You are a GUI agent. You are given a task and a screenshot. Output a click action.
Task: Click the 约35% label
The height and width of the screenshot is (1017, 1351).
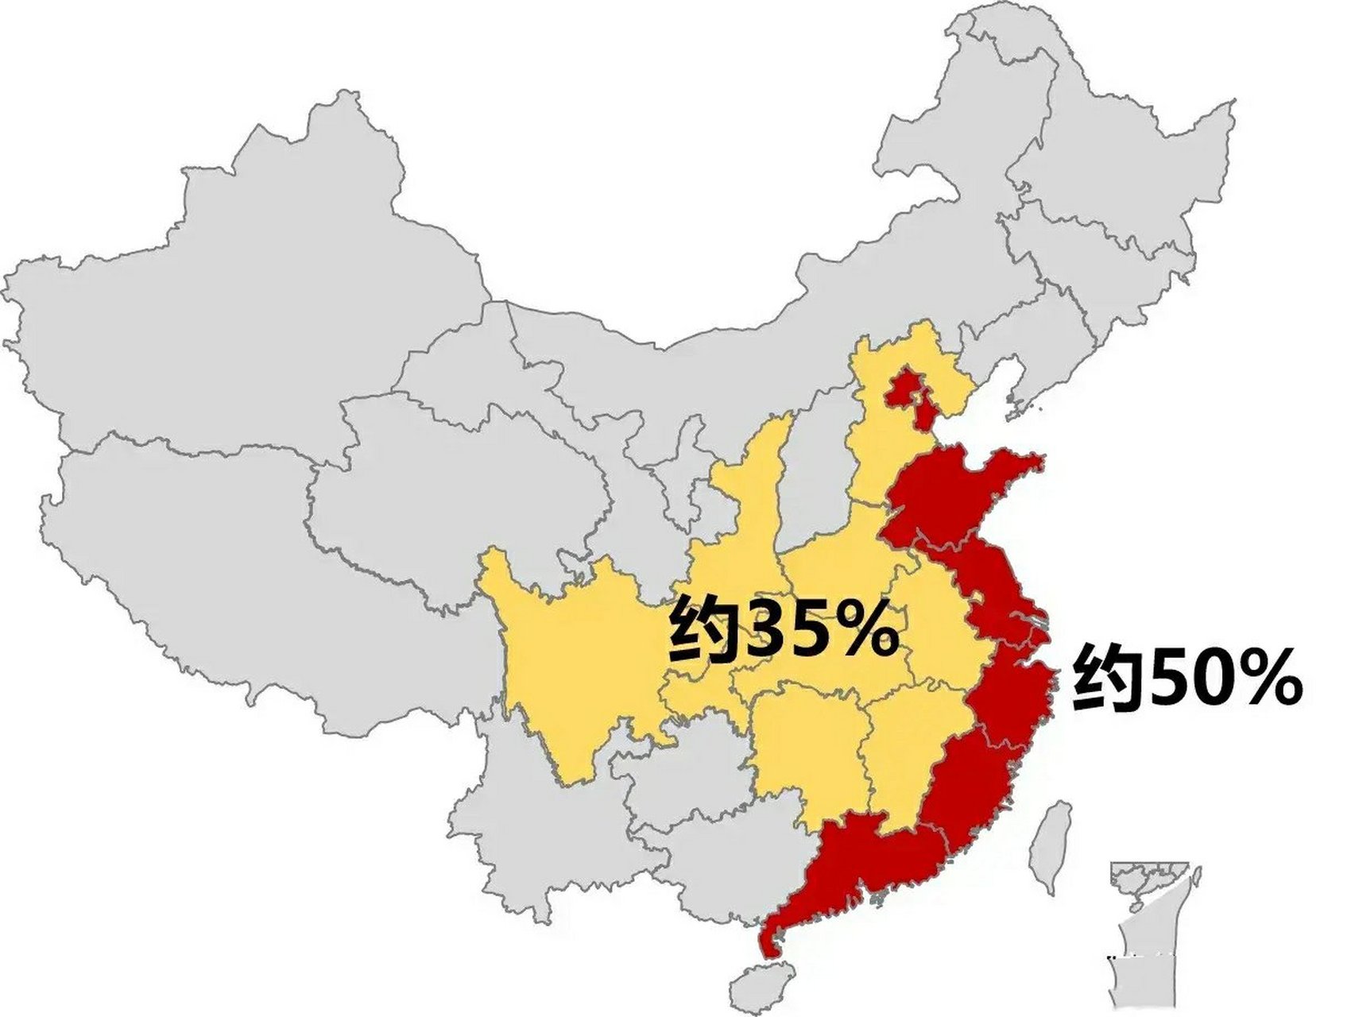pyautogui.click(x=783, y=632)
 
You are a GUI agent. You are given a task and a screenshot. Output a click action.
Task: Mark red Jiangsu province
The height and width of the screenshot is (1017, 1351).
pyautogui.click(x=985, y=588)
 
